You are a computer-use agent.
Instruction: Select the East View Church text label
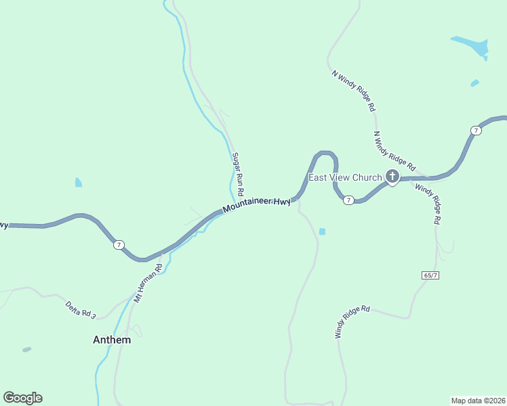click(345, 178)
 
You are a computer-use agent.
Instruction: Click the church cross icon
click(392, 177)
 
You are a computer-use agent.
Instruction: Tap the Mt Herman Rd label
click(148, 282)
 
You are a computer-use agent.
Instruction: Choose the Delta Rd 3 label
click(81, 310)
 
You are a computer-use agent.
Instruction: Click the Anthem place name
click(112, 340)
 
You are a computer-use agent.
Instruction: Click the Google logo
click(22, 398)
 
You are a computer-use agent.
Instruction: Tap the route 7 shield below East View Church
click(348, 200)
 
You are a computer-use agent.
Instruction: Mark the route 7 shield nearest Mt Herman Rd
click(119, 244)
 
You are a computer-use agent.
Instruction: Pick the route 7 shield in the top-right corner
click(476, 130)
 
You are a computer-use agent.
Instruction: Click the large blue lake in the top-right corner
click(472, 46)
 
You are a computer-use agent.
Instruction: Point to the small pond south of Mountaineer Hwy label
click(322, 231)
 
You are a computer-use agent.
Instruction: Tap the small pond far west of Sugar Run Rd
click(79, 183)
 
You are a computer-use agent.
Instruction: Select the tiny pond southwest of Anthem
click(26, 349)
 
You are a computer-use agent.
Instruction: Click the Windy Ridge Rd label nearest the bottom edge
click(352, 322)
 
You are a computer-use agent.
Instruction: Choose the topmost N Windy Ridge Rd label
click(353, 89)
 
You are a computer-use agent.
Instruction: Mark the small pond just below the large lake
click(474, 83)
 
